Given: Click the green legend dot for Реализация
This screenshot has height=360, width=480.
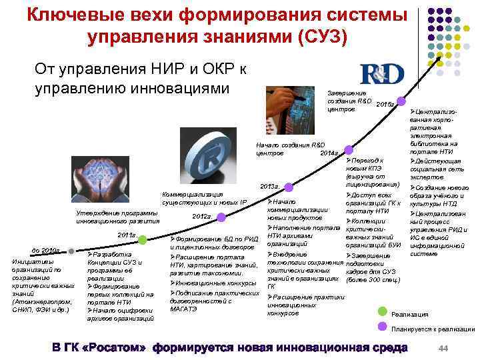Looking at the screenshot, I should coord(382,311).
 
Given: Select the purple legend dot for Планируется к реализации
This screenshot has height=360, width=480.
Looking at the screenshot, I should coord(382,325).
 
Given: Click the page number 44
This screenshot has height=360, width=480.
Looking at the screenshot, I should coord(443,349).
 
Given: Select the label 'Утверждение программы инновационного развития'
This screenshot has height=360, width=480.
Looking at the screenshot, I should coord(117,217).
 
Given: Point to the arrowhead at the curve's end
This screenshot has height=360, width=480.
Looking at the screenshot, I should coord(441,57).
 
